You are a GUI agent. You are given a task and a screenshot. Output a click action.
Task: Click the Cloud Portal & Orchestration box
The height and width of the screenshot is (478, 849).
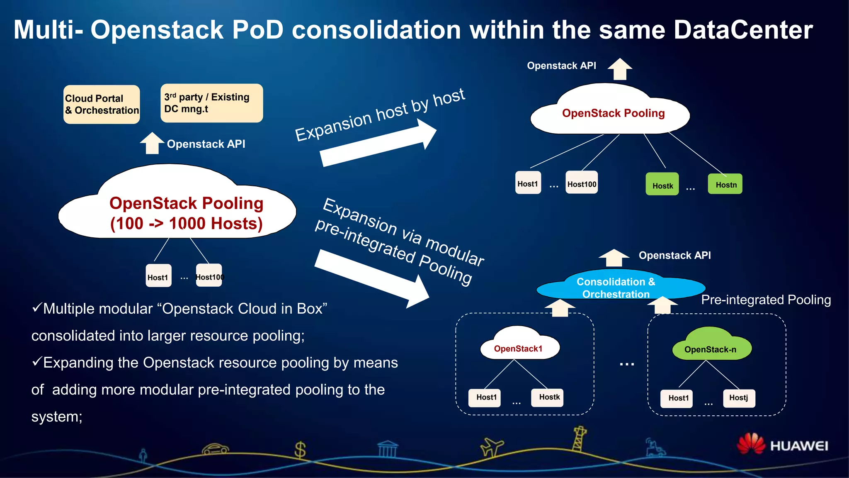[102, 105]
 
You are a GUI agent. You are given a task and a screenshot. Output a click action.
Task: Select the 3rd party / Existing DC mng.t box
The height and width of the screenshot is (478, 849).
[211, 103]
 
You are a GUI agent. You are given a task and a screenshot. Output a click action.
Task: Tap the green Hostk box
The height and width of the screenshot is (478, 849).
[662, 184]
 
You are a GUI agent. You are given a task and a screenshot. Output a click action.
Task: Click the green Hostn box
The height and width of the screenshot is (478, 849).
[725, 184]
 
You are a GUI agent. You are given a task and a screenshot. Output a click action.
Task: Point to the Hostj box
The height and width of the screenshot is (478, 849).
[739, 398]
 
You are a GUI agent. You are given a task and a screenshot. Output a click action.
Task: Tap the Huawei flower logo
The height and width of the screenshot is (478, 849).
[751, 444]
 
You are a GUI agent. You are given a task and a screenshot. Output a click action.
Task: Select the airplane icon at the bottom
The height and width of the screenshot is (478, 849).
[492, 447]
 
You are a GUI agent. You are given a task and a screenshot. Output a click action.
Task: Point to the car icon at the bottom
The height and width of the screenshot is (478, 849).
[215, 449]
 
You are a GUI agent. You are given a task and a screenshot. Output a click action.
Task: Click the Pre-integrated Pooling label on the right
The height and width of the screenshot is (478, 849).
[766, 300]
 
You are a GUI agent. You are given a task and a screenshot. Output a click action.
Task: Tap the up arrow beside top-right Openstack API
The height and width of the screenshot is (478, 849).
[620, 69]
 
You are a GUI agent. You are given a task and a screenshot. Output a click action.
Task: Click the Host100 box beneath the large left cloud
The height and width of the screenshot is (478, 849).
[209, 276]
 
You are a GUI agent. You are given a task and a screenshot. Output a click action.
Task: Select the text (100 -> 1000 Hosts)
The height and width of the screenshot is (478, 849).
[186, 224]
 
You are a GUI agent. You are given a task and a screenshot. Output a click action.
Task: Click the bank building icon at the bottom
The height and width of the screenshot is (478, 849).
[388, 449]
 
